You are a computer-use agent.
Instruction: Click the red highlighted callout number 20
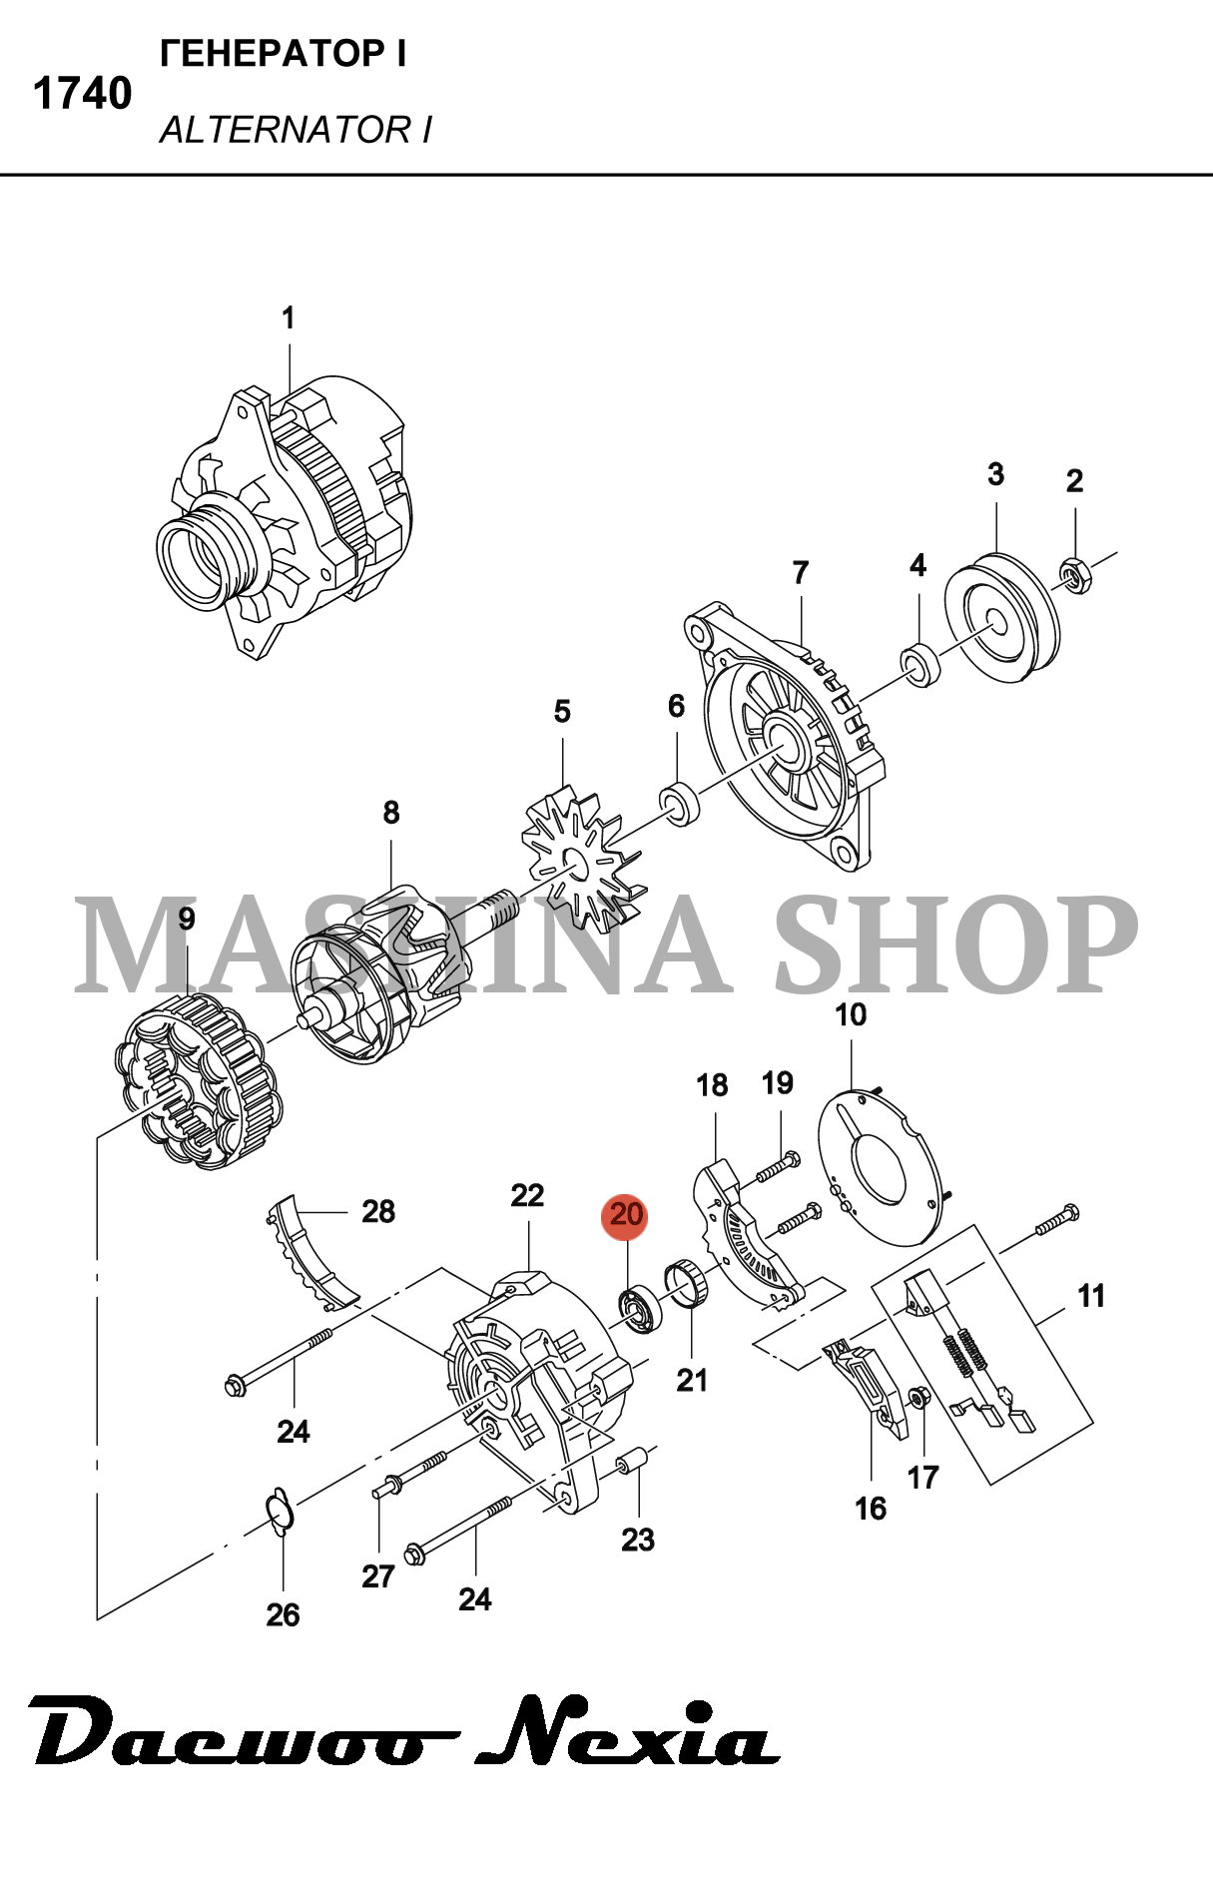pos(625,1215)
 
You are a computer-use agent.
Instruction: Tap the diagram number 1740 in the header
pos(83,94)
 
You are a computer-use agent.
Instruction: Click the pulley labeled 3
pos(1002,617)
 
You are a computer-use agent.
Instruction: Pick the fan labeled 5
pos(580,858)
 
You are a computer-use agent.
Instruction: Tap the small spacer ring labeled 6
pos(679,805)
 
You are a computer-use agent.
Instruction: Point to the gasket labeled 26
pos(280,1510)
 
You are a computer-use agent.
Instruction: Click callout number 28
pos(378,1211)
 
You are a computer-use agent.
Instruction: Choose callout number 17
pos(923,1477)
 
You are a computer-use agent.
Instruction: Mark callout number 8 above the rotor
pos(391,813)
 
